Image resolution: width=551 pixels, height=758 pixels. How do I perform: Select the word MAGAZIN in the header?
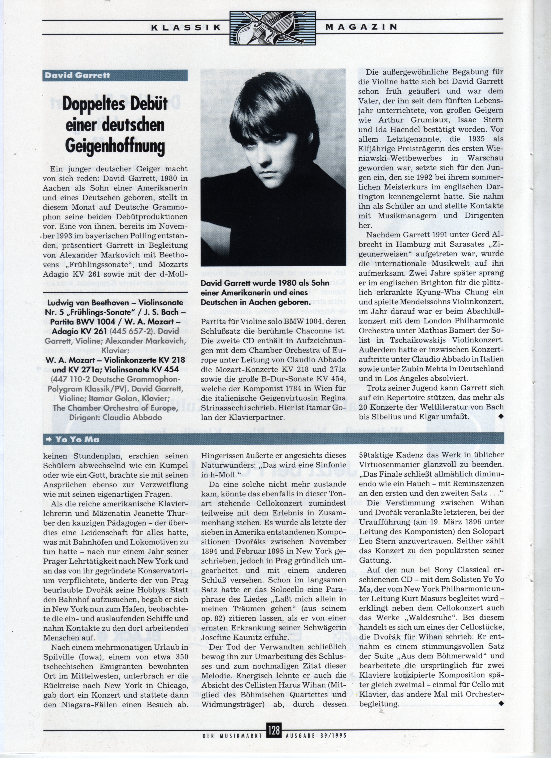tap(361, 27)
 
